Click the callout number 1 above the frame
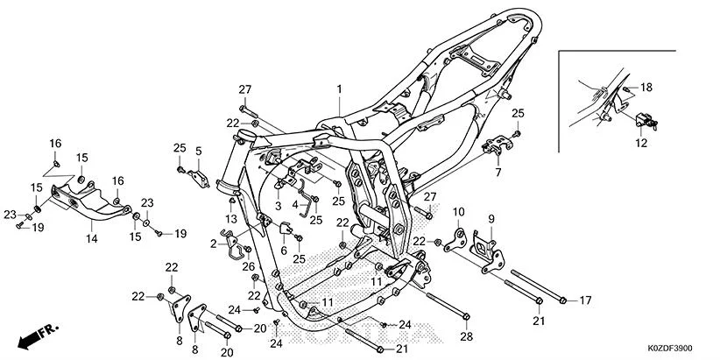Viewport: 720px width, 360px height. coord(339,89)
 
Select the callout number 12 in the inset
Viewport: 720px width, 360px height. coord(640,142)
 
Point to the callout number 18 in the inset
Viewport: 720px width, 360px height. coord(646,88)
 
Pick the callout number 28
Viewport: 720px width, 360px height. coord(466,337)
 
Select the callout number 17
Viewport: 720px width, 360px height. coord(586,300)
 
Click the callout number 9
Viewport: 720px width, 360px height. coord(491,218)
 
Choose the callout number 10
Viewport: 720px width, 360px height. coord(458,212)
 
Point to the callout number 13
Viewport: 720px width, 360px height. coord(230,219)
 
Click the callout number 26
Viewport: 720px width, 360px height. coord(249,266)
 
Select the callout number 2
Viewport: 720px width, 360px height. coord(214,243)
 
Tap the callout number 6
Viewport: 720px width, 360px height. coord(283,251)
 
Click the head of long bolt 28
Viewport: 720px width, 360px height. coord(466,316)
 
